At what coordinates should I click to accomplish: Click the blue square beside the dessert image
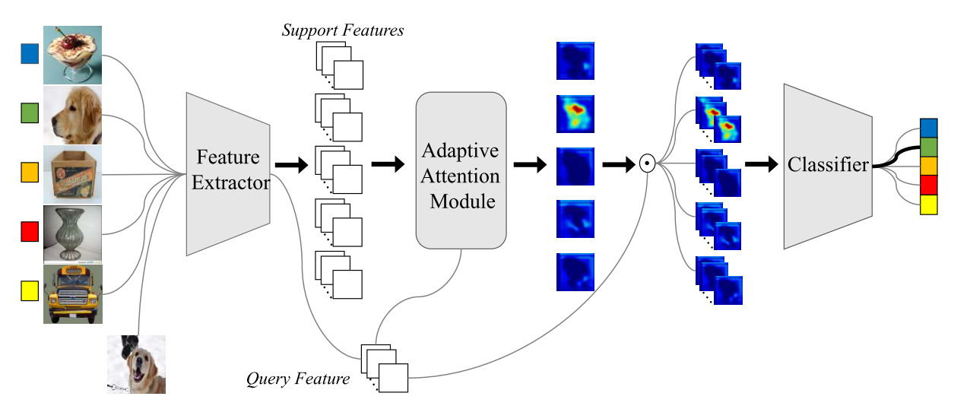click(x=30, y=53)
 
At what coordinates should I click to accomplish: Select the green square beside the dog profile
click(x=30, y=114)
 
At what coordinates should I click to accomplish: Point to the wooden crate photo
click(x=73, y=174)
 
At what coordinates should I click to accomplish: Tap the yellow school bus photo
click(x=73, y=293)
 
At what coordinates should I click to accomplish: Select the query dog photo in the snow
click(x=136, y=364)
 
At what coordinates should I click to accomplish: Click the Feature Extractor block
click(x=228, y=170)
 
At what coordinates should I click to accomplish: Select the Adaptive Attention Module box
click(x=461, y=170)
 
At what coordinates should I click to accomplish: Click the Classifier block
click(x=827, y=165)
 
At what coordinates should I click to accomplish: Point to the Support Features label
click(x=343, y=30)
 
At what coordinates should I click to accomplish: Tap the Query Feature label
click(x=298, y=379)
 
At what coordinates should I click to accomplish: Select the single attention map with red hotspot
click(x=575, y=114)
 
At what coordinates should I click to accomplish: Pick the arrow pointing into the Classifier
click(x=760, y=163)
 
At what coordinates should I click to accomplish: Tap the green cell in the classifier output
click(x=929, y=146)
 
